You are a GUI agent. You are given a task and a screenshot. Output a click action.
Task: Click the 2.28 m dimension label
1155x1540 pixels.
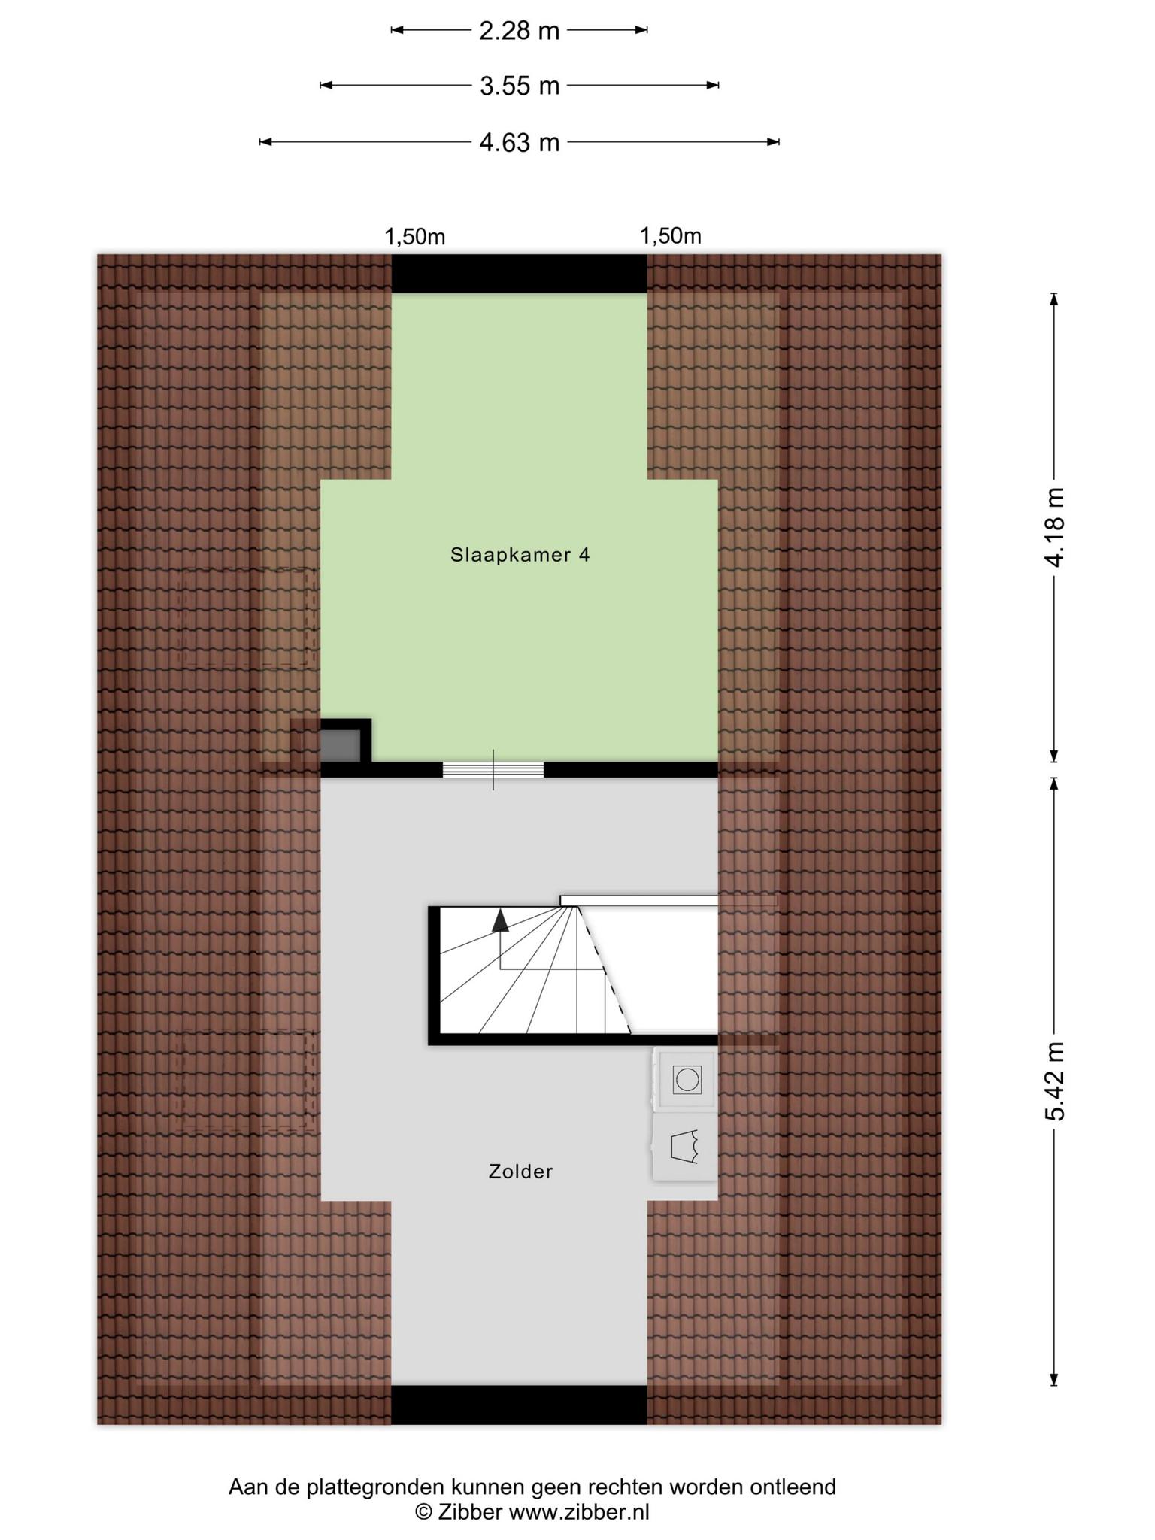tap(520, 31)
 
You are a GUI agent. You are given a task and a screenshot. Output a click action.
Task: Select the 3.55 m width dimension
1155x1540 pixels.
tap(520, 86)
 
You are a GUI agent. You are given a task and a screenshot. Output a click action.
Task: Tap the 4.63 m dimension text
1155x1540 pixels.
tap(520, 142)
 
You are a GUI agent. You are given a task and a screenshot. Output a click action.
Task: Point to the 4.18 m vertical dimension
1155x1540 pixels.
tap(1054, 527)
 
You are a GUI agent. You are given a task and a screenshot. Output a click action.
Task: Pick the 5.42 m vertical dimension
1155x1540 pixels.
tap(1054, 1081)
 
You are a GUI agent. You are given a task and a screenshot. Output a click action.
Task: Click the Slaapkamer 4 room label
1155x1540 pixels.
tap(520, 555)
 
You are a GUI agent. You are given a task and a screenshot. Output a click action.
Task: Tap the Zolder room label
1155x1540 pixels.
tap(520, 1171)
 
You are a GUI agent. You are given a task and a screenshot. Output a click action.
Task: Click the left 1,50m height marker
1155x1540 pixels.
tap(415, 237)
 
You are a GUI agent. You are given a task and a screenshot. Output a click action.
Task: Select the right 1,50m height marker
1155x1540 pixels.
tap(671, 236)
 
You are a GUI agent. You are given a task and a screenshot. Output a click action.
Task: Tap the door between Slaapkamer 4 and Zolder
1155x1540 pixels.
tap(493, 769)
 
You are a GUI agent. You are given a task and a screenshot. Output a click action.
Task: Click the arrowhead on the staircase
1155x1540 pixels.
tap(500, 920)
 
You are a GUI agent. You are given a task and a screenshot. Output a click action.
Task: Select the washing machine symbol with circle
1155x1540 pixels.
tap(686, 1080)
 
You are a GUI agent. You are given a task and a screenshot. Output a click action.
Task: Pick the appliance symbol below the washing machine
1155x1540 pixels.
tap(685, 1147)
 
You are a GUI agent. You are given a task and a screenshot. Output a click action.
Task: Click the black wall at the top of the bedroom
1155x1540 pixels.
tap(519, 274)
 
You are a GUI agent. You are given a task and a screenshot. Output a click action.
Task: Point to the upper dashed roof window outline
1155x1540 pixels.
tap(247, 618)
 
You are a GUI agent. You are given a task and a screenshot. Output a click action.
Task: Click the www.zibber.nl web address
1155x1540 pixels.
tap(579, 1512)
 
